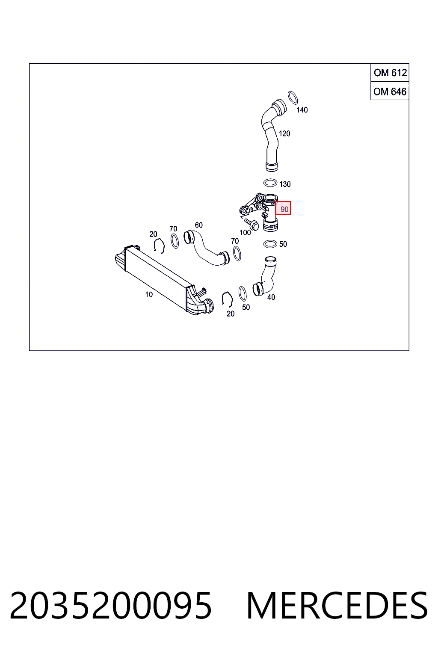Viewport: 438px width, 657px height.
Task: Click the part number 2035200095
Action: click(111, 605)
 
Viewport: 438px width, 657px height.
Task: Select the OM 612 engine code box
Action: click(390, 72)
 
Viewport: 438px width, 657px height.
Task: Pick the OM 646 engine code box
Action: click(390, 91)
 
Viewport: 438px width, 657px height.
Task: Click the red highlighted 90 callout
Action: click(283, 208)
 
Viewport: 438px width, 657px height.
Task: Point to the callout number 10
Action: click(149, 294)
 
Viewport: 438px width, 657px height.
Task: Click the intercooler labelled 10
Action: click(164, 280)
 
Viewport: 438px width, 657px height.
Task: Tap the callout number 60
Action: click(198, 225)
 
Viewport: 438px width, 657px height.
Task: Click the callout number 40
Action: click(271, 297)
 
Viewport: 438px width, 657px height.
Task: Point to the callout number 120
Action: click(284, 133)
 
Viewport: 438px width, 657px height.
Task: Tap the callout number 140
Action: click(302, 110)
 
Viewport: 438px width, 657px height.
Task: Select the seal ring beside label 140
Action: click(293, 98)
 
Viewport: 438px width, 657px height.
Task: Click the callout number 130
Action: click(285, 184)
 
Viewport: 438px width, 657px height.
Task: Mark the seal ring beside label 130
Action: click(270, 183)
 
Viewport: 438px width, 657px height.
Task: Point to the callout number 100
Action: click(245, 233)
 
